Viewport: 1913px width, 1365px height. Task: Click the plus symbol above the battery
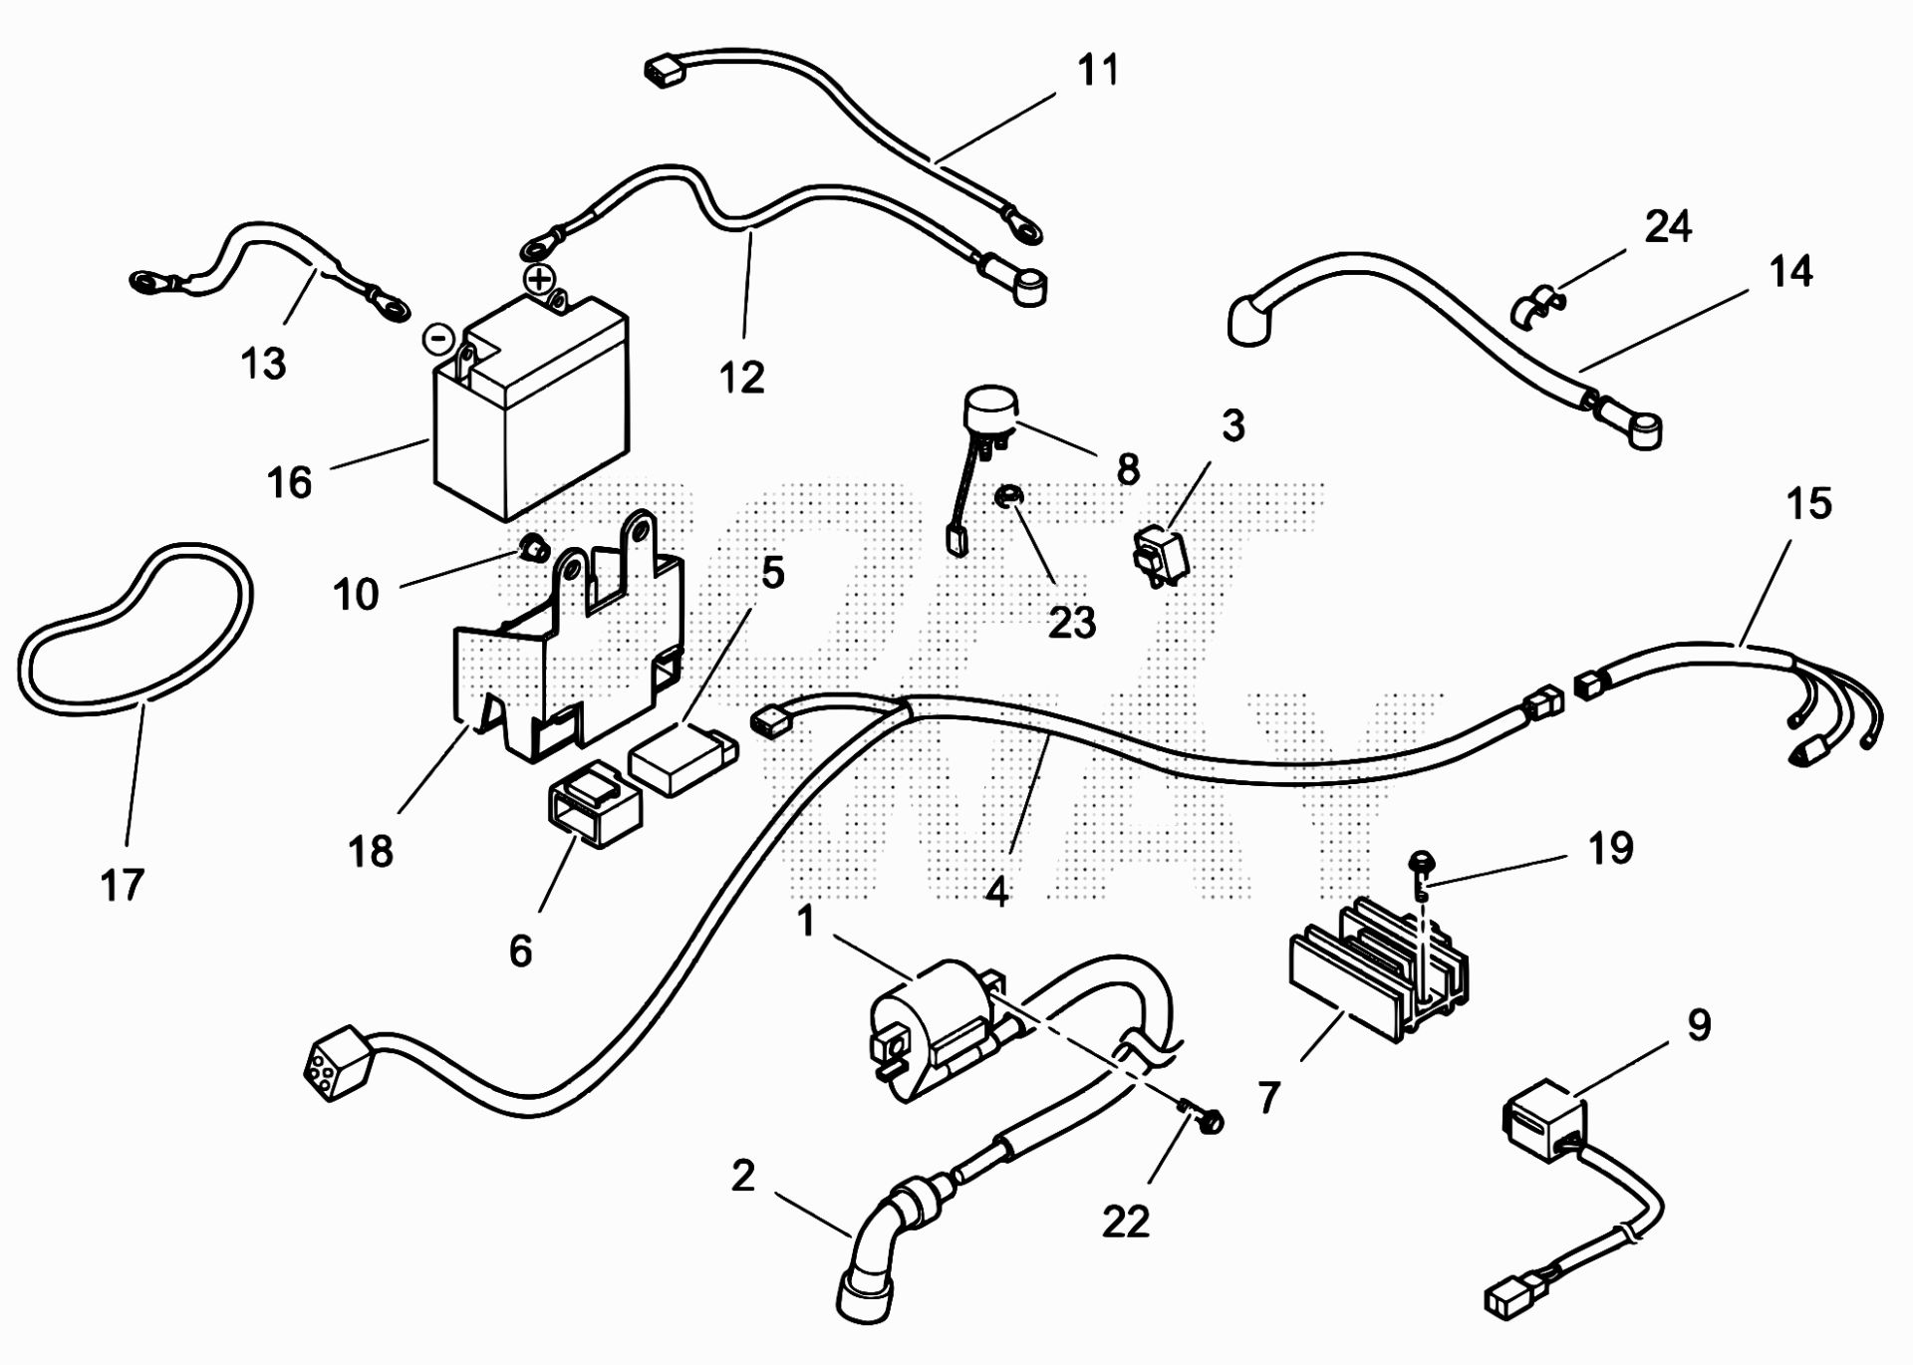(539, 279)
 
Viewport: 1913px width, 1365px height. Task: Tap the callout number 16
(289, 482)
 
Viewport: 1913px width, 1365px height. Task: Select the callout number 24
(1668, 227)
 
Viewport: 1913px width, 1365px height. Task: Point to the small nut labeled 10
(534, 546)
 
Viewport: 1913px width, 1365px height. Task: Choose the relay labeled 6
(594, 803)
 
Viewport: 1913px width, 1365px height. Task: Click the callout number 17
(123, 884)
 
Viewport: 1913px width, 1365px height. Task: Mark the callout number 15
(1808, 503)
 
